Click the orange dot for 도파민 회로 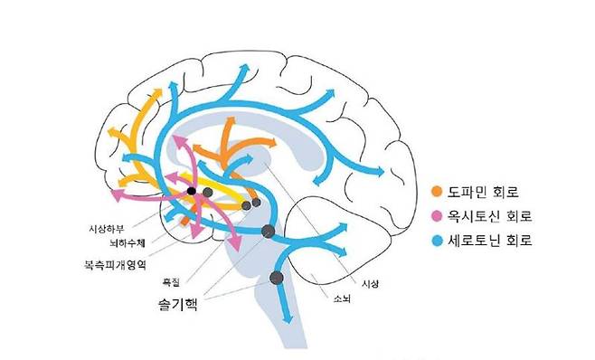click(438, 192)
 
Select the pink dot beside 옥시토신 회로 click(438, 216)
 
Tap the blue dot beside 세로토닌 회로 click(438, 241)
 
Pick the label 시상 click(369, 284)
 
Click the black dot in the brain click(191, 191)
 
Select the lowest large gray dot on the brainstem click(277, 278)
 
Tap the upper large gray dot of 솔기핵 click(268, 232)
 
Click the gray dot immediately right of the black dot click(207, 192)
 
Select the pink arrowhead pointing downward click(235, 246)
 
